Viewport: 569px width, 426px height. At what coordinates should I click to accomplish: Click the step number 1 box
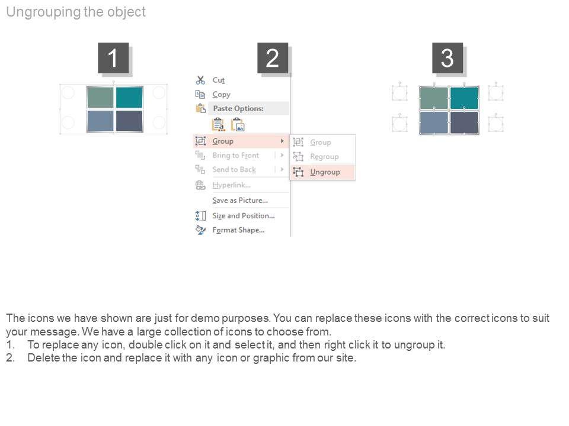click(113, 58)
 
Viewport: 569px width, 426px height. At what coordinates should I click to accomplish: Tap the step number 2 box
click(273, 58)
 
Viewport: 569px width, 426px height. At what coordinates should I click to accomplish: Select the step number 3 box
click(447, 58)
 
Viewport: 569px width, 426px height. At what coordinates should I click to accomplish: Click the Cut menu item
click(219, 80)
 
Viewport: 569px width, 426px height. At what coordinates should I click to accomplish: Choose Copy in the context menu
click(221, 95)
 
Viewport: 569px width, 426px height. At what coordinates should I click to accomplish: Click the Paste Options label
click(238, 108)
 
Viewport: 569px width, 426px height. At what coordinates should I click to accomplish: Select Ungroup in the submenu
click(325, 172)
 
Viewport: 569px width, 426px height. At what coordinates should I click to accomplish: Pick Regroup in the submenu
click(324, 156)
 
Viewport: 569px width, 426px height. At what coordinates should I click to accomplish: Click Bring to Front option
click(236, 156)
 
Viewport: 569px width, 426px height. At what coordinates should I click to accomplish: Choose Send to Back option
click(234, 170)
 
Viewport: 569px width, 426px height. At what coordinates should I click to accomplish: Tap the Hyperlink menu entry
click(232, 185)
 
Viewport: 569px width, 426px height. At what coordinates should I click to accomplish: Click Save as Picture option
click(240, 201)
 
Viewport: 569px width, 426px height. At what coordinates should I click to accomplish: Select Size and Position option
click(244, 215)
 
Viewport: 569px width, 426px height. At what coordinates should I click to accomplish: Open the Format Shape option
click(238, 230)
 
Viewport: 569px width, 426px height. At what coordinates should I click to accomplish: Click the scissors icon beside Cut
click(200, 80)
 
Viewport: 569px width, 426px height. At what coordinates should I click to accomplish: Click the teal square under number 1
click(129, 97)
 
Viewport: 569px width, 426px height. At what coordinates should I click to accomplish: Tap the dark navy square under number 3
click(464, 122)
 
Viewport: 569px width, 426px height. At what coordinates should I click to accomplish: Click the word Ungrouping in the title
click(43, 12)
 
